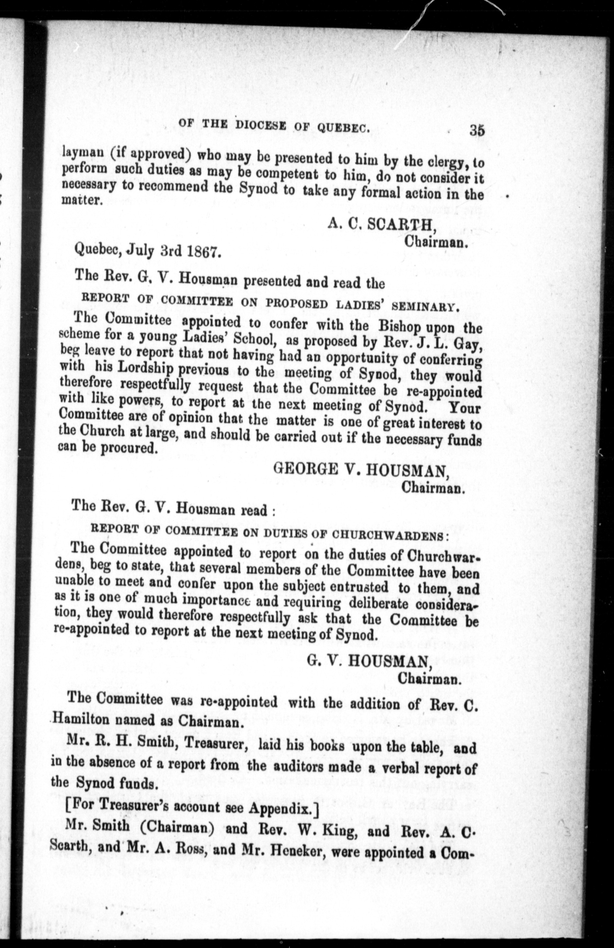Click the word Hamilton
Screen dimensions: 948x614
79,721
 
